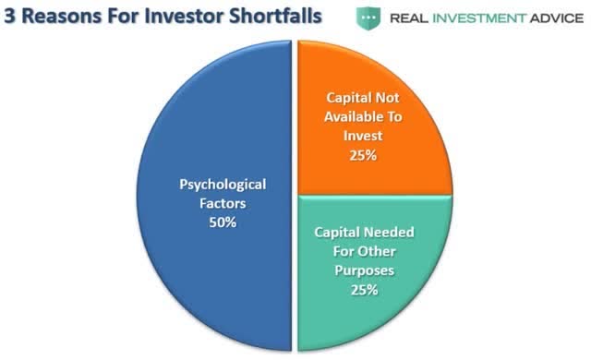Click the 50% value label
tap(223, 222)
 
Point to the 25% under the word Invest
tap(363, 155)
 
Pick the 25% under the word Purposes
tap(365, 290)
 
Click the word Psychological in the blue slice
tap(223, 186)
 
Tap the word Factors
tap(223, 203)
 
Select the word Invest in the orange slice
tap(363, 136)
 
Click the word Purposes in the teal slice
tap(365, 271)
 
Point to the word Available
tap(348, 116)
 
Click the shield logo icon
tap(368, 18)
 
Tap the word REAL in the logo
tap(409, 18)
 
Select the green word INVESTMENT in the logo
tap(479, 18)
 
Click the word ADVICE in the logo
tap(557, 18)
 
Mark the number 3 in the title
tap(10, 17)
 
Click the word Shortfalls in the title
tap(275, 17)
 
